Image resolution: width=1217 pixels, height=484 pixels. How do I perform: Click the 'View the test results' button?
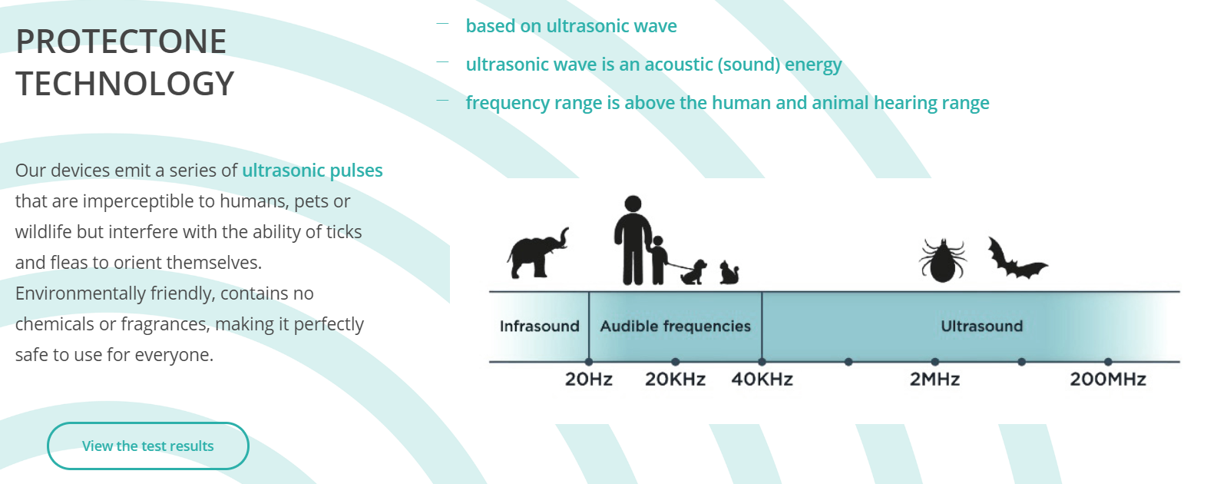[x=147, y=446]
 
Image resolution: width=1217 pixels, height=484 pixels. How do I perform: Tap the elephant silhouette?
[x=537, y=254]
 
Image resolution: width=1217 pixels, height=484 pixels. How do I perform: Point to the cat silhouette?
[x=729, y=273]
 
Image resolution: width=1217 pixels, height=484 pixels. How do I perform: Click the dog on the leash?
[x=694, y=272]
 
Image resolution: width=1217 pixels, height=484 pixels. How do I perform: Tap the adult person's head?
[x=633, y=204]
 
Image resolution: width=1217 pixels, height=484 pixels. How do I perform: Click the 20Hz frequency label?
[x=588, y=379]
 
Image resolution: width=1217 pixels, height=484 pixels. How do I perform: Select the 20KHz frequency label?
[x=675, y=379]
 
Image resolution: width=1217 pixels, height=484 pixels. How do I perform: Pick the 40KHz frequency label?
[x=762, y=379]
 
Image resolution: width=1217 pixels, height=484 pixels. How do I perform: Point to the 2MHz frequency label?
[x=934, y=379]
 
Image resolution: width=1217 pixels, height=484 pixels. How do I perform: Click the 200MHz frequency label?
[x=1108, y=379]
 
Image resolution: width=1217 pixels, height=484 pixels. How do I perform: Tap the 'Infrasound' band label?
[x=540, y=327]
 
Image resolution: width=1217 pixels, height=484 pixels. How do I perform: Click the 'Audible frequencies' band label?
[x=676, y=327]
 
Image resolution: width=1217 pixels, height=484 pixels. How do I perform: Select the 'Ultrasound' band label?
[x=982, y=327]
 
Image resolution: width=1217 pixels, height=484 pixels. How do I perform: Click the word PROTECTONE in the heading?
[x=121, y=41]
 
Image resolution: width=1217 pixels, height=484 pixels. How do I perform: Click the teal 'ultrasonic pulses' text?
[x=313, y=171]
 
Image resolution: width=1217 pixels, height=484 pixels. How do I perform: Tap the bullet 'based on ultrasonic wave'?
[x=571, y=26]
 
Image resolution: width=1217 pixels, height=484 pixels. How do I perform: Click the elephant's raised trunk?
[x=563, y=239]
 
